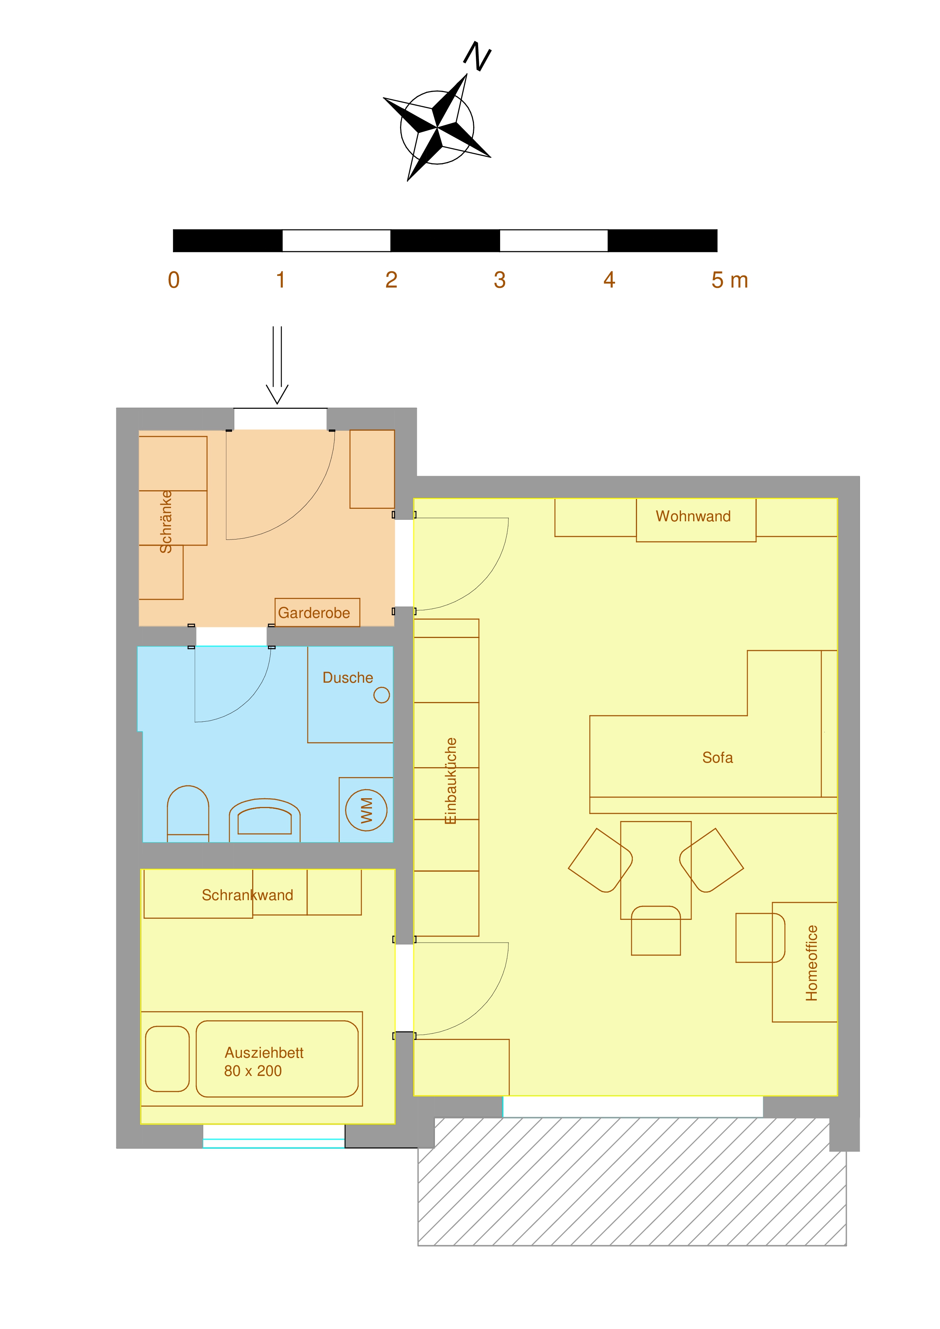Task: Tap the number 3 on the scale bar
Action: click(499, 280)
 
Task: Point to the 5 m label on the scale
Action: click(729, 280)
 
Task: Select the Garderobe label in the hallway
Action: click(314, 613)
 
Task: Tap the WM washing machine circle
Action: click(366, 810)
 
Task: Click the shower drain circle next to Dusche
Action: click(381, 694)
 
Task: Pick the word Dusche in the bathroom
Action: click(347, 678)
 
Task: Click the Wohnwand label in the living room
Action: click(693, 516)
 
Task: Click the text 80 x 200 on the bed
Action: click(253, 1071)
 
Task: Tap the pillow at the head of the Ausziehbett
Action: click(167, 1059)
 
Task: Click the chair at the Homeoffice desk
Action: click(759, 938)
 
